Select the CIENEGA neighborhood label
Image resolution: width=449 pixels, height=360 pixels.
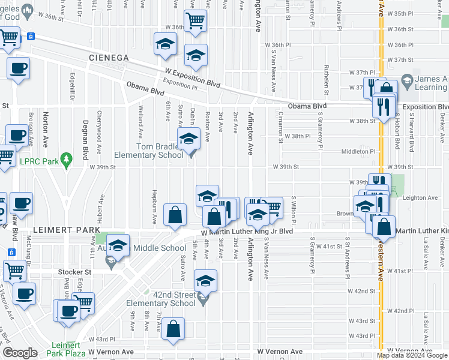click(x=109, y=58)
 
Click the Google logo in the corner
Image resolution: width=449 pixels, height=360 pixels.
click(x=20, y=353)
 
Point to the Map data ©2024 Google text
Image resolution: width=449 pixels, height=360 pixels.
click(x=412, y=355)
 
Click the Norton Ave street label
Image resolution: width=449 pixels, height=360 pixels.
click(x=45, y=132)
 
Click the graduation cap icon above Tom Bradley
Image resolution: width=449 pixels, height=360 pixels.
click(x=188, y=139)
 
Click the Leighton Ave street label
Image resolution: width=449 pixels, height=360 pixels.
click(x=420, y=198)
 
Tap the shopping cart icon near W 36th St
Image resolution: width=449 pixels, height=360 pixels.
click(x=195, y=20)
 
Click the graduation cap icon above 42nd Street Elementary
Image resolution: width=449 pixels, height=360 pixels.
click(x=205, y=281)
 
